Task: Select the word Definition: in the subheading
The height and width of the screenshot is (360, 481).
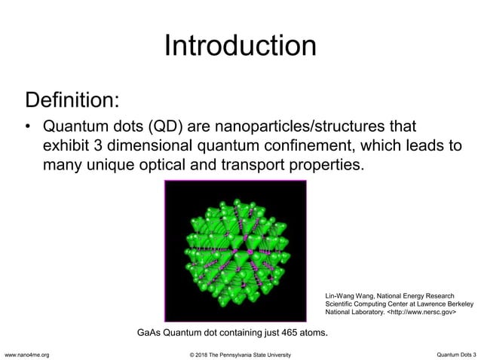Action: pos(72,99)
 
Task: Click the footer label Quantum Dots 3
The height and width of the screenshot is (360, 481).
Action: pos(456,354)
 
